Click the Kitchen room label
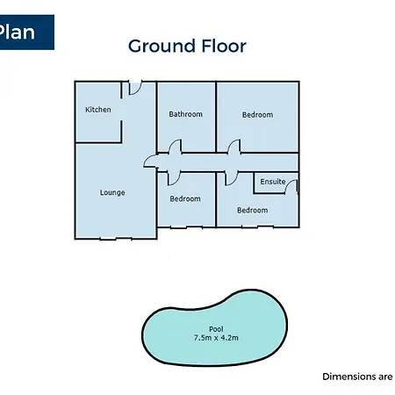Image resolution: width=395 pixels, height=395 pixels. point(98,110)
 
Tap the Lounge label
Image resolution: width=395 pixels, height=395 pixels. point(112,192)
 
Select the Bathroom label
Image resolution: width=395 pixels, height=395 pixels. point(185,114)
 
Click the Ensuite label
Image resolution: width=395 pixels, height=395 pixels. point(273,182)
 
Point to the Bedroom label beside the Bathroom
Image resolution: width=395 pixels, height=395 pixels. point(257,115)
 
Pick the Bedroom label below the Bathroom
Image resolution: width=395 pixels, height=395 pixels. point(185,199)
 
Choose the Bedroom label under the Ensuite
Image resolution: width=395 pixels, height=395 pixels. point(253,210)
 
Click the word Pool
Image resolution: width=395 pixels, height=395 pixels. point(216,329)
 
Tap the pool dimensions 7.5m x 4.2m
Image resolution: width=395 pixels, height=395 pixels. point(216,338)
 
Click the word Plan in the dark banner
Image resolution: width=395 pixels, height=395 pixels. point(17,32)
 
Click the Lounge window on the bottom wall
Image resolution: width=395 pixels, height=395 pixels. point(116,239)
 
